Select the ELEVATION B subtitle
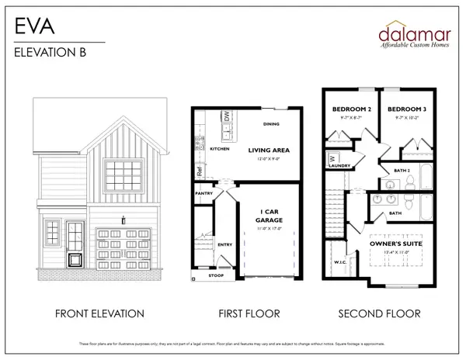pyautogui.click(x=49, y=53)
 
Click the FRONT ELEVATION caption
pyautogui.click(x=99, y=314)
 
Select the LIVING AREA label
pyautogui.click(x=269, y=151)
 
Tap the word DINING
pyautogui.click(x=271, y=123)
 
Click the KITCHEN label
pyautogui.click(x=219, y=148)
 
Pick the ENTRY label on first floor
pyautogui.click(x=225, y=244)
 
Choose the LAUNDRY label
pyautogui.click(x=341, y=166)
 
